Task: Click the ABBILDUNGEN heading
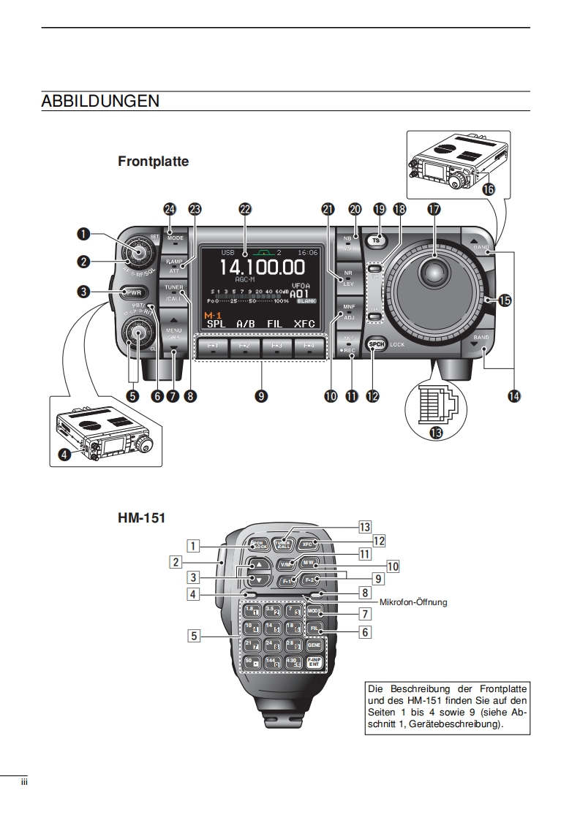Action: click(x=100, y=102)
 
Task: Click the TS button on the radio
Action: click(x=377, y=240)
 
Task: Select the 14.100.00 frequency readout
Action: click(x=263, y=268)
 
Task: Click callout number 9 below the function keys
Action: click(x=260, y=395)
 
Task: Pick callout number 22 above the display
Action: click(x=245, y=209)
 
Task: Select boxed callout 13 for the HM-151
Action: click(x=365, y=526)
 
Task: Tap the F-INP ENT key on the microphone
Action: click(x=314, y=662)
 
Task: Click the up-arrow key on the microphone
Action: click(x=257, y=565)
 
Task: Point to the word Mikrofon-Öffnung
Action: click(x=413, y=603)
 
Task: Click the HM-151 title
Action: click(x=141, y=517)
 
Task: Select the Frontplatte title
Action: click(x=153, y=161)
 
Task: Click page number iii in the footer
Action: click(x=23, y=783)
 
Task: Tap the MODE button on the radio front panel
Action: click(x=176, y=238)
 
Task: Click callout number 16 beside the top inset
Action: click(x=487, y=189)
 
